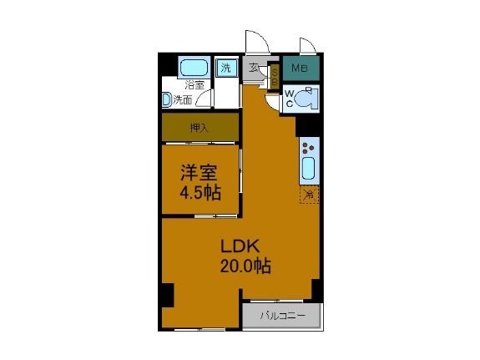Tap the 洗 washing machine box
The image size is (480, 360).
226,68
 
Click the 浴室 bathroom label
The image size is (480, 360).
195,84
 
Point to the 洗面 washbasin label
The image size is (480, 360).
183,99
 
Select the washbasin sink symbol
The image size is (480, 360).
167,99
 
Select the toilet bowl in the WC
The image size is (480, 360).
306,97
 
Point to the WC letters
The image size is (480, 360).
289,99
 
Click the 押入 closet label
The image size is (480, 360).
199,128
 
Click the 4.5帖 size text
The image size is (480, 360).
200,193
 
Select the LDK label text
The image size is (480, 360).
241,246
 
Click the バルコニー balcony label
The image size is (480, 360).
281,315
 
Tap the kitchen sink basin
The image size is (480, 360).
307,171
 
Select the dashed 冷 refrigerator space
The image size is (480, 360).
309,195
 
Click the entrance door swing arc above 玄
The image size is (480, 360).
255,42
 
